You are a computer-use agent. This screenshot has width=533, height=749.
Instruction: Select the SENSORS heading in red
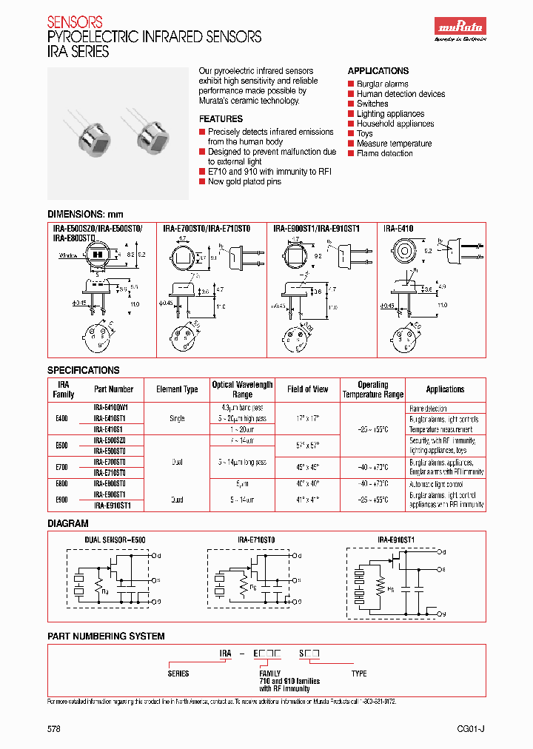pos(75,22)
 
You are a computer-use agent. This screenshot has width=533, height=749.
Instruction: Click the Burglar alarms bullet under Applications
pos(382,84)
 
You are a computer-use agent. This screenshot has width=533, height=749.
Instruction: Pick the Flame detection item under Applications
pos(384,153)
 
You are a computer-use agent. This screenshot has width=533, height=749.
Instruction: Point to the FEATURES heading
pos(221,118)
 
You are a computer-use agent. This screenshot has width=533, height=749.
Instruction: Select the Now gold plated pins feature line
pos(244,181)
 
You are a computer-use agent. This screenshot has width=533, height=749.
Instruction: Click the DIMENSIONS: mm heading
pos(85,213)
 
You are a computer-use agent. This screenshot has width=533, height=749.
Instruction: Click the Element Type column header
pos(177,389)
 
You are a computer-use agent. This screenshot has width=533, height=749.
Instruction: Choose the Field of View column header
pos(307,389)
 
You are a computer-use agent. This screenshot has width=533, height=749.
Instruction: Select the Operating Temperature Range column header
pos(372,389)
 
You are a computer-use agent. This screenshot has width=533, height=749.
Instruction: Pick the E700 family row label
pos(61,467)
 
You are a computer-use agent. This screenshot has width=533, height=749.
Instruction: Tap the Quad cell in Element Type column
pos(177,500)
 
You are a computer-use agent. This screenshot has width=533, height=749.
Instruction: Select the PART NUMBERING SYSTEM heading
pos(106,636)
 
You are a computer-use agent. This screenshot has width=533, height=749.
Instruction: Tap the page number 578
pos(54,728)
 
